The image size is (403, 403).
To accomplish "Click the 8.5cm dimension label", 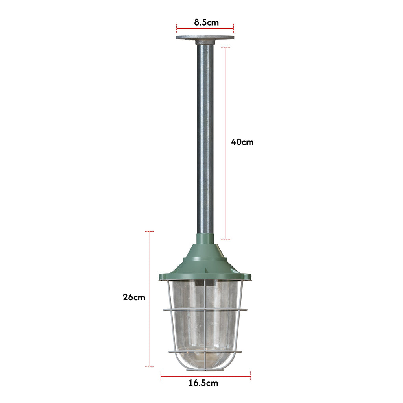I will coord(206,22).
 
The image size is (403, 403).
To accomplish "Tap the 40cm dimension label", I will coord(242,142).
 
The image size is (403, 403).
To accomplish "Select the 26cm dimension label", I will coord(134,297).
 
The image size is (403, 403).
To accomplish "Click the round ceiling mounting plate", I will coord(205,38).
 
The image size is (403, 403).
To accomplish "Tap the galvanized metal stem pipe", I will coord(205,138).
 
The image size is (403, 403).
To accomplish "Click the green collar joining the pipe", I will coord(205,238).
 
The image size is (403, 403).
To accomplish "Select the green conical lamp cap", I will coord(205,260).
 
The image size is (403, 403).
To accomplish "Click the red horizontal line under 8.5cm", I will coord(205,28).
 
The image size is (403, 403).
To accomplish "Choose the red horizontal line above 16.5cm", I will coord(205,376).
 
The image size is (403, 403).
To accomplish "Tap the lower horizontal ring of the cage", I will coord(205,351).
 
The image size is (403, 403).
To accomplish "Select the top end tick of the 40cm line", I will coord(226,47).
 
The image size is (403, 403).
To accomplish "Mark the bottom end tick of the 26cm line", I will coord(150,366).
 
